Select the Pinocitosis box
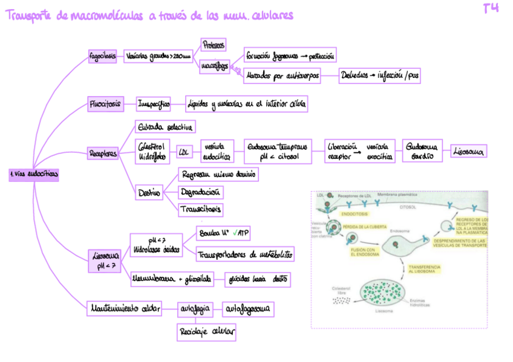[x=105, y=104]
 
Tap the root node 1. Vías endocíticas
[x=34, y=174]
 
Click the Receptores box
[x=103, y=154]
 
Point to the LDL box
[x=183, y=153]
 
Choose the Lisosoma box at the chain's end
[x=469, y=152]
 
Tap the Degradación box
[x=201, y=192]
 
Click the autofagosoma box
[x=249, y=309]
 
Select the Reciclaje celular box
[x=206, y=332]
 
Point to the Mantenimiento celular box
[x=124, y=309]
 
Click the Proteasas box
[x=213, y=45]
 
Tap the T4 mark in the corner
[x=491, y=9]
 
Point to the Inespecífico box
[x=154, y=104]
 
